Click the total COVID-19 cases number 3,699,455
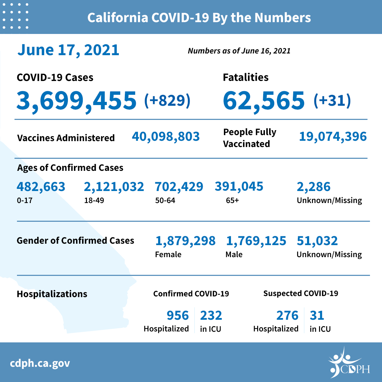coord(76,100)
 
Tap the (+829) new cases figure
coord(167,100)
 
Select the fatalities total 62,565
coord(264,100)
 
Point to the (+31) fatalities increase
coord(332,100)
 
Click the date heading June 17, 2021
coord(68,50)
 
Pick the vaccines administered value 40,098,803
coord(166,137)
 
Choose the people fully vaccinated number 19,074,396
coord(333,137)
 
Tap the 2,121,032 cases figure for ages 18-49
coord(114,186)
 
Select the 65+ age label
coord(232,201)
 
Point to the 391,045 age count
coord(239,186)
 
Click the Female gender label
coord(168,254)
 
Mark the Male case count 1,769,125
coord(256,241)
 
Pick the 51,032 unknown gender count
coord(317,241)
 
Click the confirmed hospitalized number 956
coord(178,315)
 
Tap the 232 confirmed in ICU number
coord(211,315)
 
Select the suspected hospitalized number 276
coord(287,315)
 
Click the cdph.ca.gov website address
coord(40,363)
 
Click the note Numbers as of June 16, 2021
coord(239,51)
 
